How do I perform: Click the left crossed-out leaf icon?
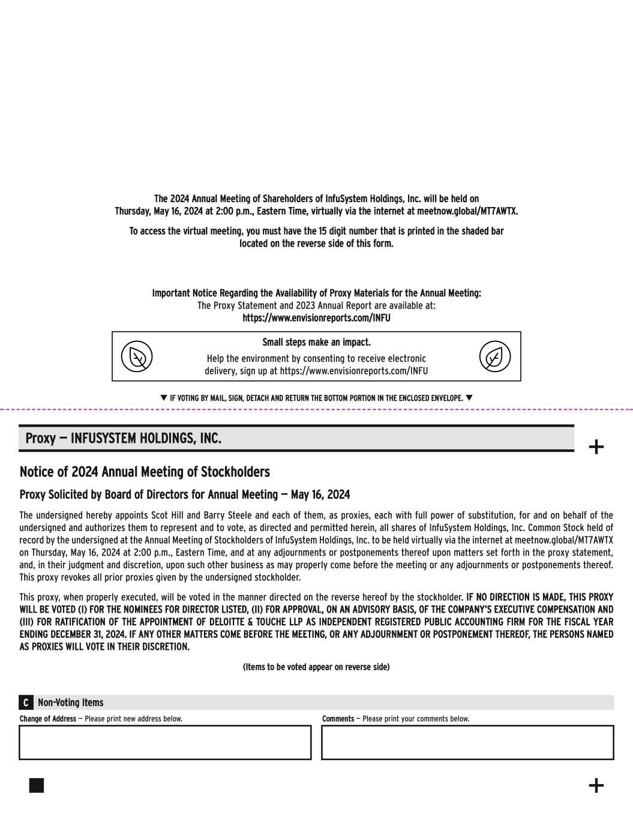137,356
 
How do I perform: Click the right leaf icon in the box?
495,356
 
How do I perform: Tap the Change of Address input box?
165,742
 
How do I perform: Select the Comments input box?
467,742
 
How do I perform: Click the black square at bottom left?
37,785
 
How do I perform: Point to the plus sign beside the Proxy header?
596,447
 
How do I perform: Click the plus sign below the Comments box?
596,785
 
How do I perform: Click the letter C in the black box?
26,703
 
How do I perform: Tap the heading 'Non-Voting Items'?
70,703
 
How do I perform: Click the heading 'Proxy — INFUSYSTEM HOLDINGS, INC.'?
123,439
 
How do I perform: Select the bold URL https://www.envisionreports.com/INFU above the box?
316,318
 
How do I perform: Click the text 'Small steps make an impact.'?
316,343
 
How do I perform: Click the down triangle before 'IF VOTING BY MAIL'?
164,398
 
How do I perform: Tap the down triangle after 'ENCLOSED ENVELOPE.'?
469,398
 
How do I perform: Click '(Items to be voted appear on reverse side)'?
316,667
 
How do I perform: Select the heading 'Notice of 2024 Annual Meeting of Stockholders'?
145,472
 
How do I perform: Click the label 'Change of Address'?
48,719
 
